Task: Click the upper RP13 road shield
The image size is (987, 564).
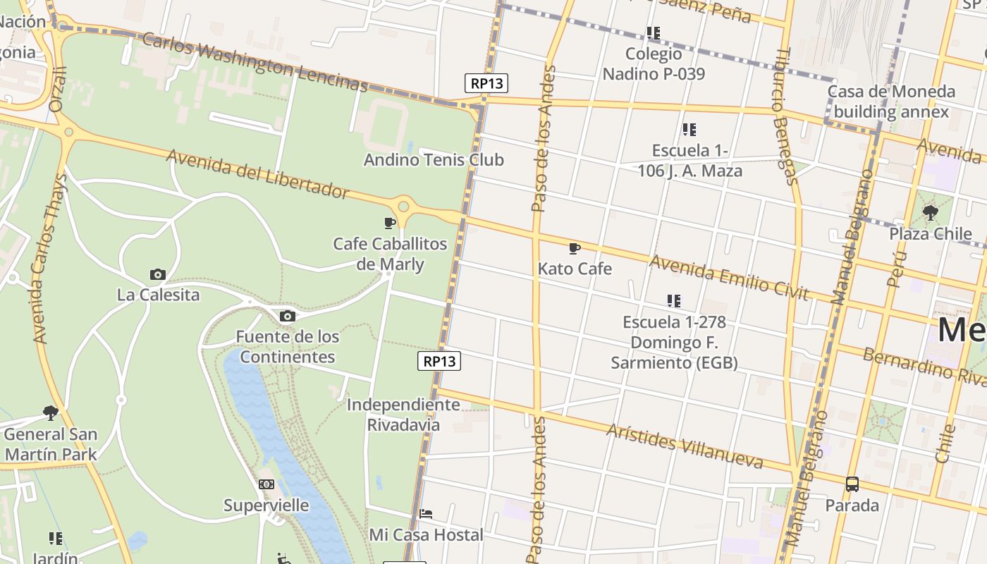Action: [x=486, y=83]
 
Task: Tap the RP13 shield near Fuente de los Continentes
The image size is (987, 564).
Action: [x=439, y=362]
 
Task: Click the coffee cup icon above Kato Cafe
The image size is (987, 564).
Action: [x=575, y=248]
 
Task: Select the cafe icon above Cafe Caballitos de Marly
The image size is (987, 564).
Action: [x=390, y=223]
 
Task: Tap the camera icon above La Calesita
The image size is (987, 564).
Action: [x=158, y=274]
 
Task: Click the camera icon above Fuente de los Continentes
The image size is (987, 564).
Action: [x=287, y=316]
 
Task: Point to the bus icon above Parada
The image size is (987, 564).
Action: [x=852, y=484]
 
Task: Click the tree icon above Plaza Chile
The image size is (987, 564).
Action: [x=931, y=212]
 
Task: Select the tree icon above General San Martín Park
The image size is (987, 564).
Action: [x=50, y=412]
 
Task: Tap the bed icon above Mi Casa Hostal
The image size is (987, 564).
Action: [x=426, y=514]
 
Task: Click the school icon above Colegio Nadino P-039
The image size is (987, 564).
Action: [x=654, y=32]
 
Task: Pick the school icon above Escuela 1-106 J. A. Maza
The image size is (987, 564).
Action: [x=689, y=129]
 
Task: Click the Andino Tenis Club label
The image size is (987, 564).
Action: [x=434, y=160]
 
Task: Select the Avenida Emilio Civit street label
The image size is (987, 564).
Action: [x=728, y=278]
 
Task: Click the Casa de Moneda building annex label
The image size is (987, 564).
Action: [x=891, y=102]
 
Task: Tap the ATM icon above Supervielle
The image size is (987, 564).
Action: [x=266, y=484]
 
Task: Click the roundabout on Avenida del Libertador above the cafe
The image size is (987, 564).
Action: [x=403, y=207]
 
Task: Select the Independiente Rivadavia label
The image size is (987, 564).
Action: [x=403, y=415]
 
